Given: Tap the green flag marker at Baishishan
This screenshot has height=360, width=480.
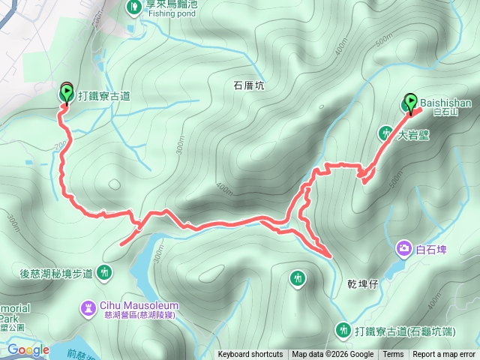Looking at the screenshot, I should click(410, 102).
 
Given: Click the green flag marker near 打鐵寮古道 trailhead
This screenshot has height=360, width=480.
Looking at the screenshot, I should click(65, 94).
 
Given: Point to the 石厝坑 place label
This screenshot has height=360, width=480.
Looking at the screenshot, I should click(244, 86).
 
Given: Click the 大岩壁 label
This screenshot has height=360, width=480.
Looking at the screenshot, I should click(412, 136).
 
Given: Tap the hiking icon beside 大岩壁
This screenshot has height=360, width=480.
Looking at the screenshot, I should click(385, 133).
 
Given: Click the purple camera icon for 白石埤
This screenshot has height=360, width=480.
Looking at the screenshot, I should click(404, 247).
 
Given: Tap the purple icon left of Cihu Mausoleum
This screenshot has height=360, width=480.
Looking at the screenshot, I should click(89, 307).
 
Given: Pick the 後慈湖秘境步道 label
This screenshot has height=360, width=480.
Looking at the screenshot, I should click(56, 273).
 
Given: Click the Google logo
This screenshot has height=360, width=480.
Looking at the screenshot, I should click(28, 349).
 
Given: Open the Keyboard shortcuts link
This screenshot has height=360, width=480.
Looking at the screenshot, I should click(250, 355).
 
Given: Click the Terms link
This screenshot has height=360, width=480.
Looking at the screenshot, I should click(393, 355).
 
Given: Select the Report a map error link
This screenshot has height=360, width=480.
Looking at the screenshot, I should click(444, 355).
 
